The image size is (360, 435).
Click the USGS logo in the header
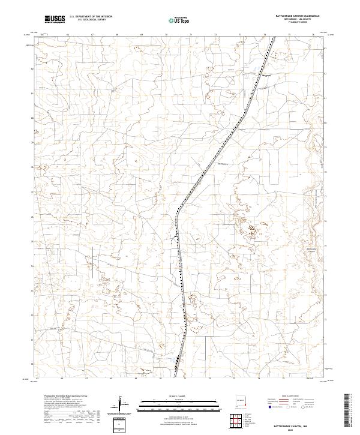point(55,19)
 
